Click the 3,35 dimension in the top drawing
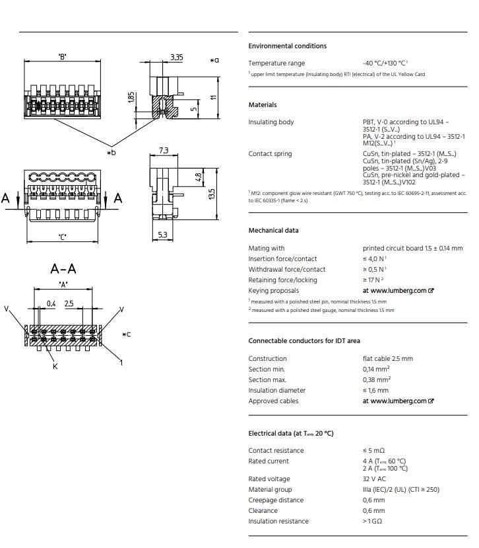(x=177, y=58)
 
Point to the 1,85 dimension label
(x=131, y=97)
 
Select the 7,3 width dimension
(x=164, y=150)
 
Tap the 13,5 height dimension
(x=212, y=194)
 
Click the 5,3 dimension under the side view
(x=162, y=235)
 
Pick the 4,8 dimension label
(x=198, y=177)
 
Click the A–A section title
(x=63, y=269)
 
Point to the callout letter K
(x=55, y=366)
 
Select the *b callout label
(x=112, y=153)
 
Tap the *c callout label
(x=126, y=334)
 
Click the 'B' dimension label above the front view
(x=63, y=57)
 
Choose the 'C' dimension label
(x=63, y=237)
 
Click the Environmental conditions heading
(x=288, y=46)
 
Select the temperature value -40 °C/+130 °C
(x=384, y=63)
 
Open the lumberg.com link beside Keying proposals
(x=398, y=290)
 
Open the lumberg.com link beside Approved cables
(x=398, y=401)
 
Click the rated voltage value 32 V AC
(x=374, y=479)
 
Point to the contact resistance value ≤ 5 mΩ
(x=373, y=450)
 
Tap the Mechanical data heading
(x=274, y=230)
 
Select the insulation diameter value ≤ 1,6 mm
(x=375, y=391)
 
